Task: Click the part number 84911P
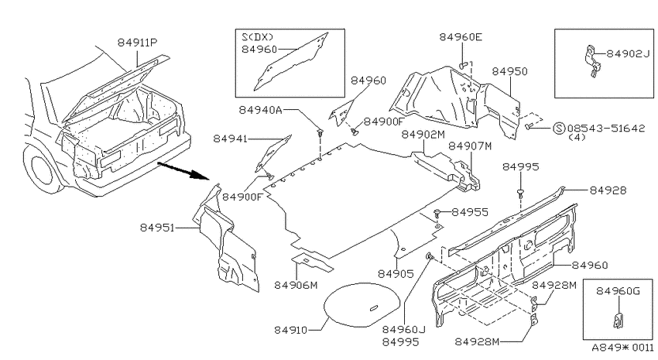[x=137, y=43]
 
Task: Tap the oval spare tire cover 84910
[x=362, y=304]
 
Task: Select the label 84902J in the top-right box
[x=629, y=53]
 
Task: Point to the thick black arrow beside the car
[x=183, y=171]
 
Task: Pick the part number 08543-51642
[x=605, y=128]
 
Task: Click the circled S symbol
[x=559, y=128]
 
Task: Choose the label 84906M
[x=296, y=286]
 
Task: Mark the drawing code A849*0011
[x=622, y=348]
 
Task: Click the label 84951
[x=157, y=228]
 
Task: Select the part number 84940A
[x=260, y=110]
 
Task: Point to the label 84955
[x=470, y=212]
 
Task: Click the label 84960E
[x=461, y=37]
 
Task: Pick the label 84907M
[x=470, y=146]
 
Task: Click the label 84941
[x=231, y=139]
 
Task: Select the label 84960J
[x=403, y=329]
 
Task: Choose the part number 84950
[x=510, y=71]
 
